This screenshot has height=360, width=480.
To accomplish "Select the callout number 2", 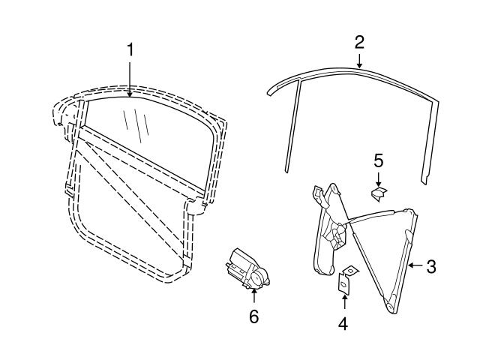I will coord(359,41).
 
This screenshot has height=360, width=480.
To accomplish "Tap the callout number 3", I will coord(430,265).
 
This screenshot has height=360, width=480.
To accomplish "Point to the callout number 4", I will coord(343,323).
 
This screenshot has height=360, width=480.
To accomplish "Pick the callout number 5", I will coord(379,160).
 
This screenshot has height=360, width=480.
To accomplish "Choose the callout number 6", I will coord(253,317).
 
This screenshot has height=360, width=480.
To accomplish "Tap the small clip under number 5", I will coord(379,193).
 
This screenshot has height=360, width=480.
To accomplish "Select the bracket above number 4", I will coord(346,280).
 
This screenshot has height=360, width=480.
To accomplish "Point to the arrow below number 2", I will coord(359,61).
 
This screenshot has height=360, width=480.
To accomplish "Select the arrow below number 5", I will coord(379,178).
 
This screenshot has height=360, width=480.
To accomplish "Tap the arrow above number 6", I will coord(253,297).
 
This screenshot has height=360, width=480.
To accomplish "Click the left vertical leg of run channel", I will coord(292,127).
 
